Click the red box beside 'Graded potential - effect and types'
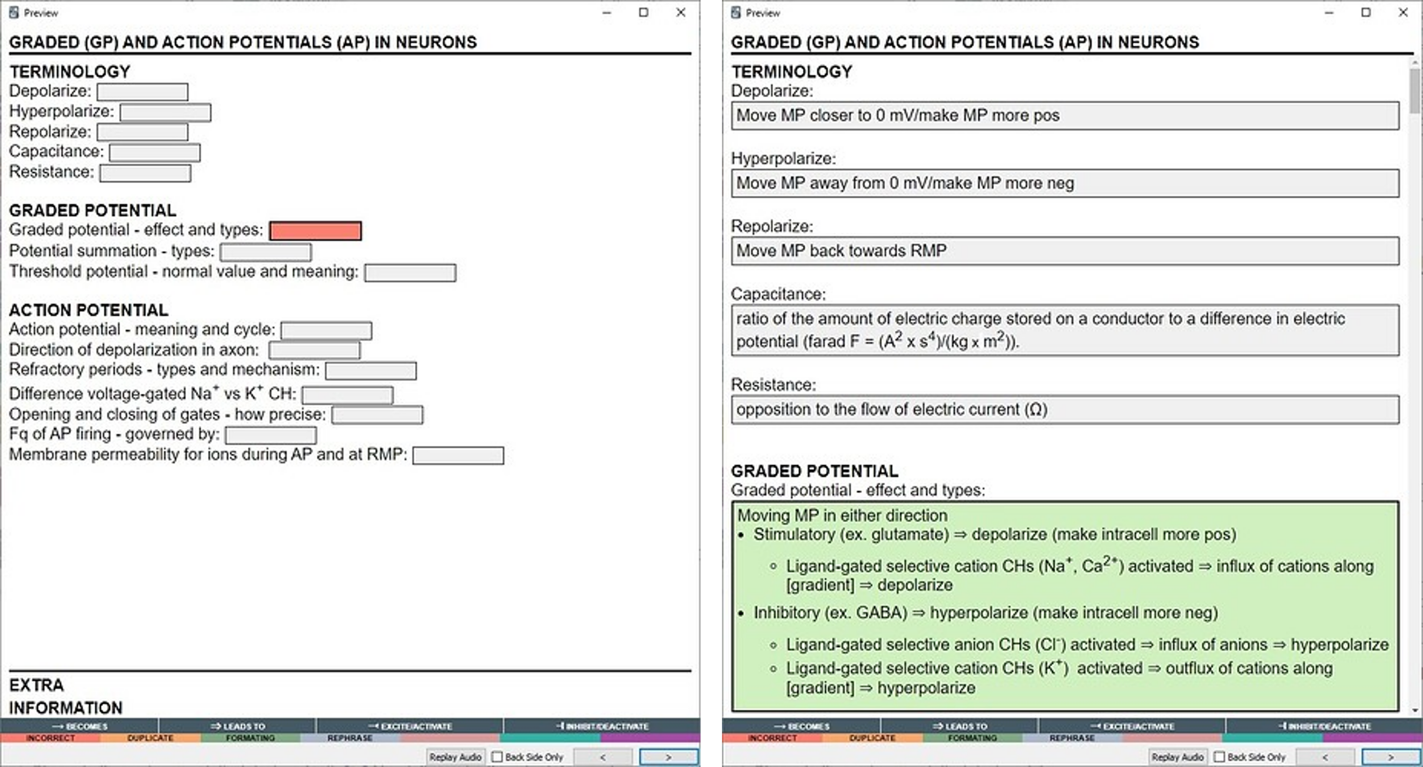315,231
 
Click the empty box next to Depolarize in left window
142,92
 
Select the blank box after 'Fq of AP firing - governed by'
271,435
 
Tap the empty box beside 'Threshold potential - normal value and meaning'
411,273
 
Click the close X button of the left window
680,12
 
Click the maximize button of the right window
1365,12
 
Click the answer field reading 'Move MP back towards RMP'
1065,251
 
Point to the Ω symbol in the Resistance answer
1036,410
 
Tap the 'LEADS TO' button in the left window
237,726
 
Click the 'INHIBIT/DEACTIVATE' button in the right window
1324,726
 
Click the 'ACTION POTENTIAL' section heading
88,310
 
